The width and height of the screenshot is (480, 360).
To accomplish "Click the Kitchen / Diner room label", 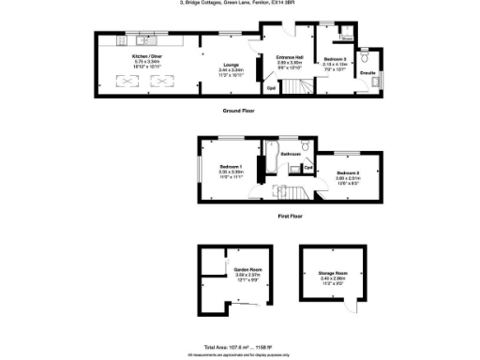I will pyautogui.click(x=146, y=56).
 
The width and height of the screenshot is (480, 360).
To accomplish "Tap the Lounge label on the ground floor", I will pyautogui.click(x=231, y=64).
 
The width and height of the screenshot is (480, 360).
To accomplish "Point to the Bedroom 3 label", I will pyautogui.click(x=335, y=59).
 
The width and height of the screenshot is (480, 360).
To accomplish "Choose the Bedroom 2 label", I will pyautogui.click(x=350, y=173).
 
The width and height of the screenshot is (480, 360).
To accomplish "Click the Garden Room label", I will pyautogui.click(x=247, y=269).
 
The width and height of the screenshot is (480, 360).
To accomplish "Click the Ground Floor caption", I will pyautogui.click(x=239, y=111).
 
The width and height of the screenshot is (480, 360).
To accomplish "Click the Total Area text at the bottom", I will pyautogui.click(x=239, y=346).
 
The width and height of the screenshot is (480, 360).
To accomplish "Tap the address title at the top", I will pyautogui.click(x=239, y=4).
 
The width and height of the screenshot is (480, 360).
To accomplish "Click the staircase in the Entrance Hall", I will pyautogui.click(x=296, y=88).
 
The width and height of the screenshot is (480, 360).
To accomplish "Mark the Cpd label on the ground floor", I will pyautogui.click(x=271, y=88).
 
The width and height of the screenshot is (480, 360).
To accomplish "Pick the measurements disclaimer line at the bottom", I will pyautogui.click(x=239, y=354).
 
